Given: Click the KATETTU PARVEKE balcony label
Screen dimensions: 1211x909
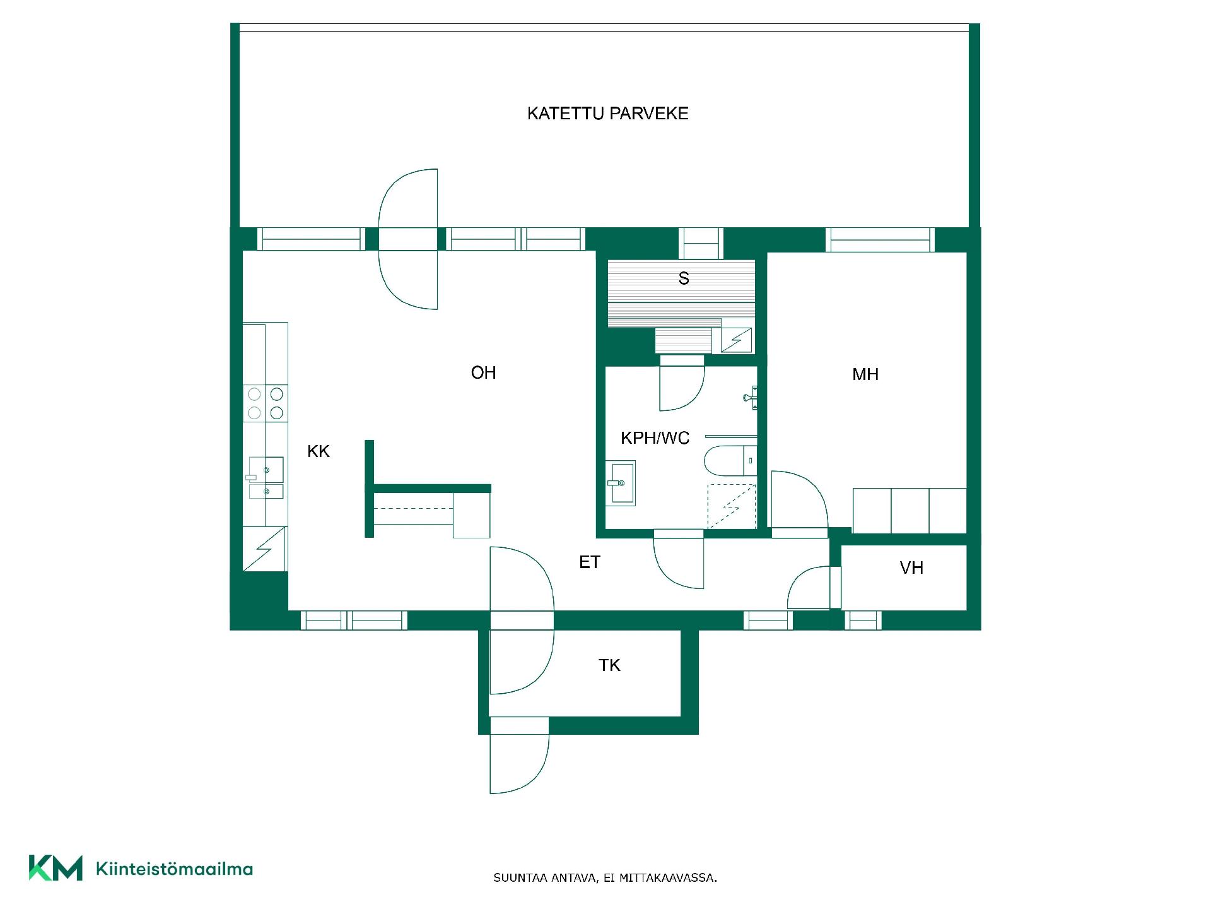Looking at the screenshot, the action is pos(607,114).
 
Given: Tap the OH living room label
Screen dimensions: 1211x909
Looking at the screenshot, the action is pos(484,372).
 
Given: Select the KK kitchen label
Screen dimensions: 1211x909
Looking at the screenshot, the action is pos(319,451).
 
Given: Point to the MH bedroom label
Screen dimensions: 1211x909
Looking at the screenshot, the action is pos(865,374).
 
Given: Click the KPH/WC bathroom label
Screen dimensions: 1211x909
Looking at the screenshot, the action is pos(655,438).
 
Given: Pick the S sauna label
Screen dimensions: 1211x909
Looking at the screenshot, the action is pos(684,278).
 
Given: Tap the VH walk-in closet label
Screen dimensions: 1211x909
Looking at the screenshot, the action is pos(911,568).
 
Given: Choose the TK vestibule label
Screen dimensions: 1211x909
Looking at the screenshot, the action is pos(609,665).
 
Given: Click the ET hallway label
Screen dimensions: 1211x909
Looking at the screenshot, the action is pos(590,562).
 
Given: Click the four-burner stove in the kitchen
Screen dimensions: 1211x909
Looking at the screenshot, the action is pos(266,403).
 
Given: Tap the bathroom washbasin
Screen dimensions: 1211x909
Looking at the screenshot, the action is pos(621,483).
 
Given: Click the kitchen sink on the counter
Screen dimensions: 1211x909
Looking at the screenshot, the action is pos(266,477).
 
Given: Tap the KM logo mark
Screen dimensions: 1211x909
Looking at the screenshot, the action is pos(56,868).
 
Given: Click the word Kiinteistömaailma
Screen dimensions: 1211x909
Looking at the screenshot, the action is pos(175,869).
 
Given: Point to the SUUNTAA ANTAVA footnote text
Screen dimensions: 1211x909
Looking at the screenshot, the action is pos(605,878).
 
